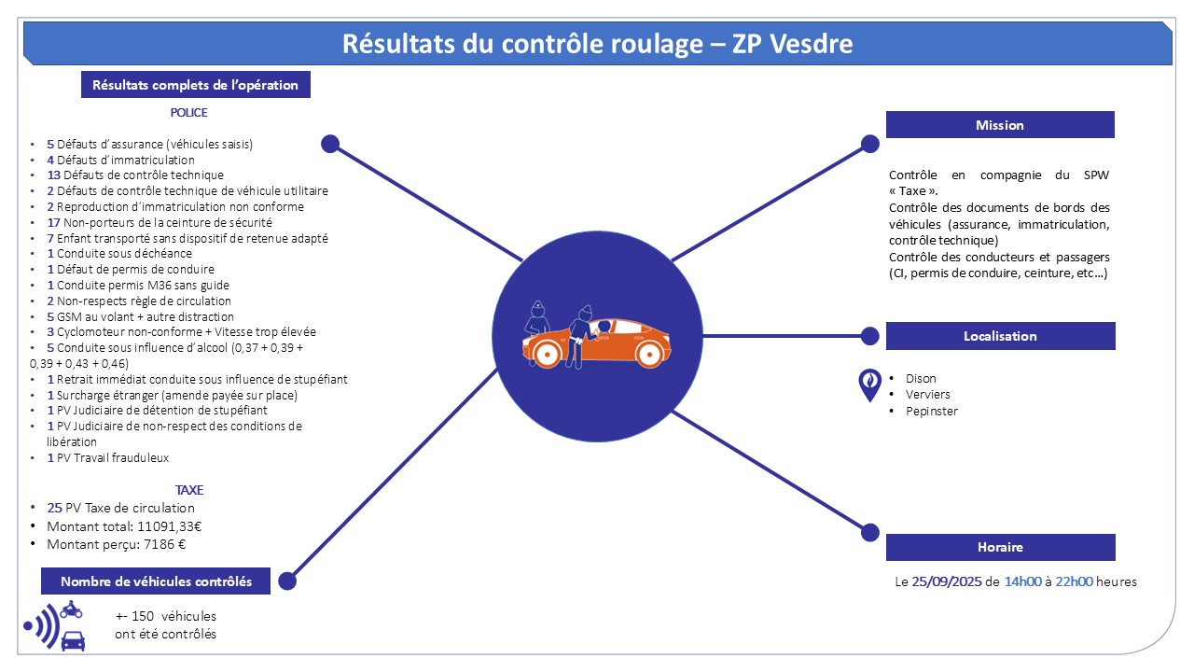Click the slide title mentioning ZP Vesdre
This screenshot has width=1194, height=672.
597,44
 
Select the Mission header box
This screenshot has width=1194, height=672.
999,125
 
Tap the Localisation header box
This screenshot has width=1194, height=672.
999,336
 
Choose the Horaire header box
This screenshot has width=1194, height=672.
999,547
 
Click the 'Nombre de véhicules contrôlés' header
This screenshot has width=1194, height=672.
156,581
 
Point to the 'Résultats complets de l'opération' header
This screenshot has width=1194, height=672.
195,85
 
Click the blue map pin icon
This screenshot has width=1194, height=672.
869,385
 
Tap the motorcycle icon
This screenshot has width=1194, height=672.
71,609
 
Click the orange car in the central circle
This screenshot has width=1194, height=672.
597,343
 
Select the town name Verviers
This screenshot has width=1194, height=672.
927,395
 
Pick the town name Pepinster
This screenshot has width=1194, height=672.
931,411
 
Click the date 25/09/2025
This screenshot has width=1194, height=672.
945,581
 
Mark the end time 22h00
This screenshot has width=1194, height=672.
1074,581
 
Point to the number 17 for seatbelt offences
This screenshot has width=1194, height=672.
53,222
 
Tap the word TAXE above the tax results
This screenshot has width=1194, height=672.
188,490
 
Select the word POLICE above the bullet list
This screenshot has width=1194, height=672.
188,113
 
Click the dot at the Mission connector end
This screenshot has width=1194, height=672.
869,144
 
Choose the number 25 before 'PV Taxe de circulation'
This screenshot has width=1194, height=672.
54,508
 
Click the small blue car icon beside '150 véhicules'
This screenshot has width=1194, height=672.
73,640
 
